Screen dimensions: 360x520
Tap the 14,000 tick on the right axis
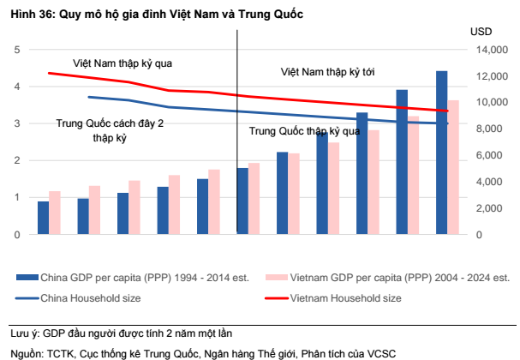click(489, 51)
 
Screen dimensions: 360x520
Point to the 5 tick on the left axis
click(17, 50)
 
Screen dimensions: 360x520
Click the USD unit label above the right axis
click(481, 31)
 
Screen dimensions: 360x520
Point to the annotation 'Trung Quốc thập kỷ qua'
click(305, 131)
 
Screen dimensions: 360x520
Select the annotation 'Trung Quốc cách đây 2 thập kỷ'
click(110, 129)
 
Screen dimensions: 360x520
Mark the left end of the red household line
click(49, 73)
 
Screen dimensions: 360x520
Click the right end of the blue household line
click(447, 124)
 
